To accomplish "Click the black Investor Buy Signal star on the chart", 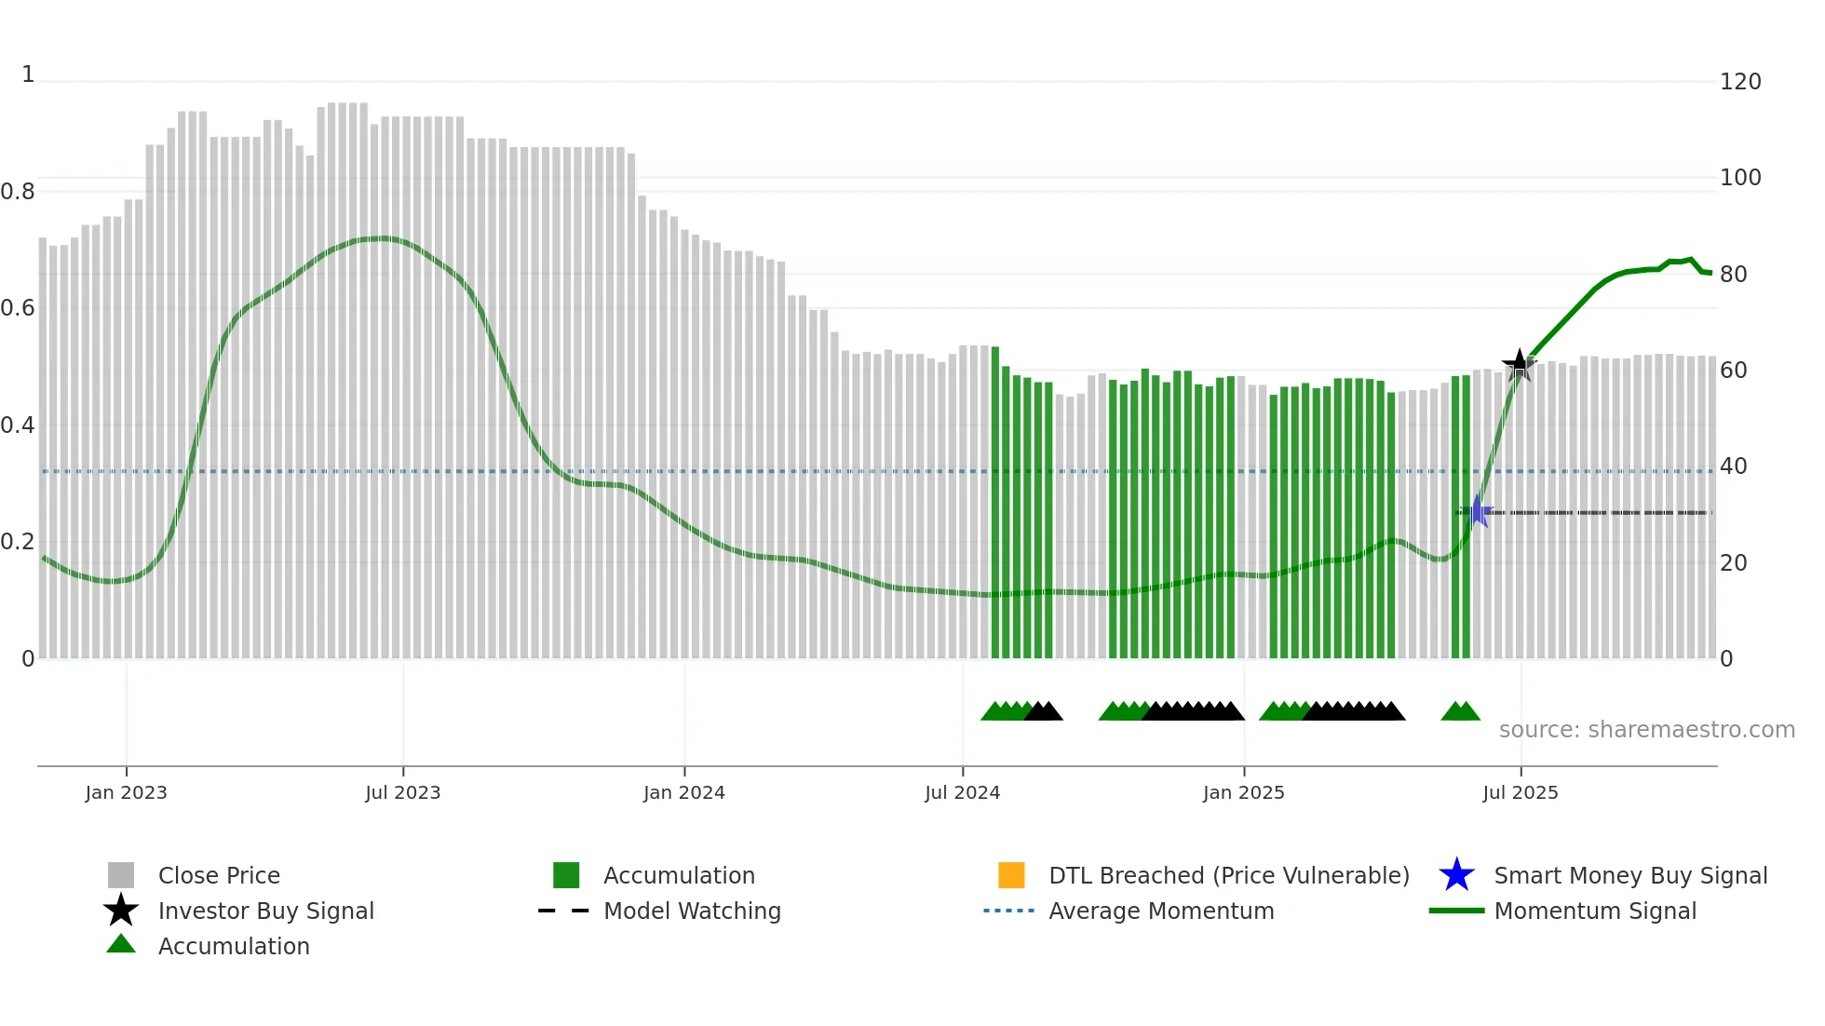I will (1520, 365).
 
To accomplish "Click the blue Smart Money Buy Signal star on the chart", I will (1477, 511).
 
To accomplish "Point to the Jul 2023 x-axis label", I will (402, 792).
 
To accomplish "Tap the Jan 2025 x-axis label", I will (1243, 792).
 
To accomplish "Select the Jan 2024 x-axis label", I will (683, 792).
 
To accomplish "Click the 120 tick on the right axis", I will (1739, 82).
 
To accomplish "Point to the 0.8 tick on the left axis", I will (18, 192).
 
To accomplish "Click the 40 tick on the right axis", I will (1733, 466).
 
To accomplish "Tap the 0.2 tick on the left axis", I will (18, 542).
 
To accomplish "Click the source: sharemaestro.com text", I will (1646, 730).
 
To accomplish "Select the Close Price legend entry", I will (218, 875).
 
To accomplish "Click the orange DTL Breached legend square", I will (1011, 875).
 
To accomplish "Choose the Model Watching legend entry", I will (691, 911).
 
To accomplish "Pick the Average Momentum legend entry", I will (1160, 911).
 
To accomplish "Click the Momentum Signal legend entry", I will (1594, 911).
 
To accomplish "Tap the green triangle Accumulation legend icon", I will (121, 944).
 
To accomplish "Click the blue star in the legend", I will (1456, 875).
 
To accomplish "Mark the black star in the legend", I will (121, 911).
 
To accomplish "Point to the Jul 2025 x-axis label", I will (1520, 792).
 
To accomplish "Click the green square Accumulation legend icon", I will (566, 875).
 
